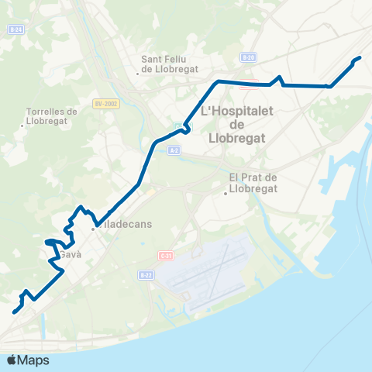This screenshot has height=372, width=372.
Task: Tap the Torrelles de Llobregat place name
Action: [51, 115]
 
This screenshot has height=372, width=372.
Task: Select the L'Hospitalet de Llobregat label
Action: [238, 125]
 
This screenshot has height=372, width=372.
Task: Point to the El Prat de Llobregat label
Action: [253, 182]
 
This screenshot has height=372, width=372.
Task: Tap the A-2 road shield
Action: [173, 151]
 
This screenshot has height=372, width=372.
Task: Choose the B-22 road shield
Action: [146, 275]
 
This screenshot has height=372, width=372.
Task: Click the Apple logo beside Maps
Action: [12, 360]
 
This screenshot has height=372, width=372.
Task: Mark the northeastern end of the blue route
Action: [360, 57]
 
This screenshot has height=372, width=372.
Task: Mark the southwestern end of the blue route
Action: [13, 312]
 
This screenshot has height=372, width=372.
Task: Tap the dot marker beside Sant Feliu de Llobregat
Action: [138, 74]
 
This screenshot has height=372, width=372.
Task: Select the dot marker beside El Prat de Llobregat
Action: [226, 194]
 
